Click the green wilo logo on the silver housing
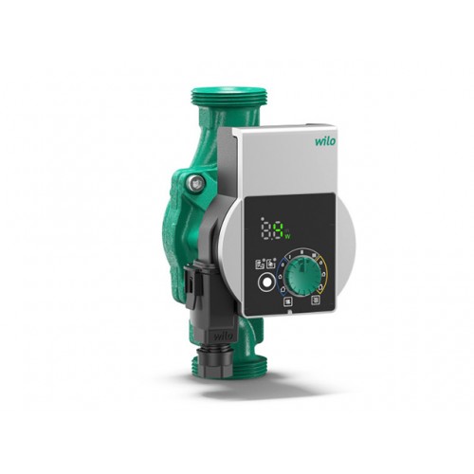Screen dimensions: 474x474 tap(325, 140)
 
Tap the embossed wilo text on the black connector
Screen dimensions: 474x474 tap(223, 336)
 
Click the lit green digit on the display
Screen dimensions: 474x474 tap(279, 230)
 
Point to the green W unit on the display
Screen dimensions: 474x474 tap(287, 236)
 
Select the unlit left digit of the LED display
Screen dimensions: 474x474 tap(267, 229)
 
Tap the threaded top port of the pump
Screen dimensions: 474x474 tap(229, 95)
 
